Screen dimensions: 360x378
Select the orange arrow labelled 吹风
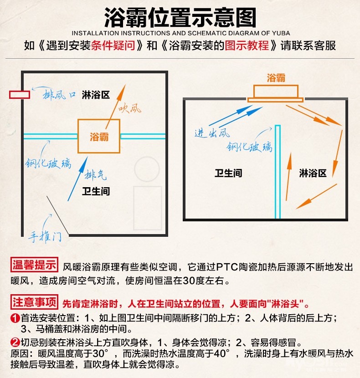(x=116, y=107)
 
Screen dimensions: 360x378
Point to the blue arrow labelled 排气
(x=77, y=179)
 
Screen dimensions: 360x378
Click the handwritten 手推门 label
(x=45, y=236)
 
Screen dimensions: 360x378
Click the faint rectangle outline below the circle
(x=148, y=208)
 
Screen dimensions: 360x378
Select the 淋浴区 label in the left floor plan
(x=96, y=95)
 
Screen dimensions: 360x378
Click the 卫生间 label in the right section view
(x=228, y=173)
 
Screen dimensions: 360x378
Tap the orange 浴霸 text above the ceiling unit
(x=276, y=78)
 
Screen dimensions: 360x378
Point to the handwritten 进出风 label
(x=212, y=133)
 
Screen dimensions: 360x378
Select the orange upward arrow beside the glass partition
(x=288, y=176)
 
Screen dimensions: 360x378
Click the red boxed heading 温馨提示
(x=34, y=265)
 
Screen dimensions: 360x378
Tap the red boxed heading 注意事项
(x=34, y=302)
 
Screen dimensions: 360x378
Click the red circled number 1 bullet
(x=15, y=318)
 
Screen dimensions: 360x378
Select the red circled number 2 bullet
(x=15, y=342)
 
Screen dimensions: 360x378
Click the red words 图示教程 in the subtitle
(x=247, y=46)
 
